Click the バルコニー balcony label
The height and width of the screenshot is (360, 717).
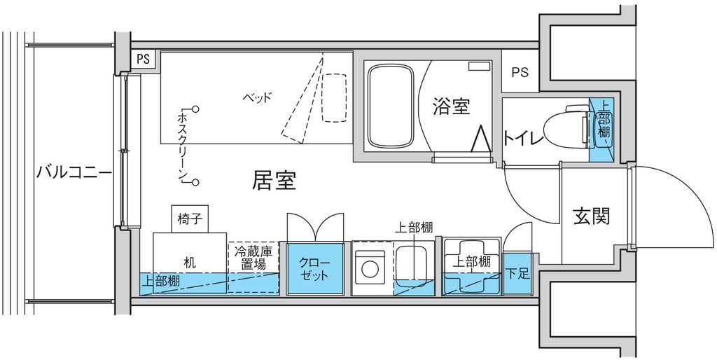74,173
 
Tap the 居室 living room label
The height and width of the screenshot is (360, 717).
274,181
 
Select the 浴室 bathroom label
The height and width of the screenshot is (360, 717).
452,106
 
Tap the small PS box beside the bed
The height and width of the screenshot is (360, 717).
144,60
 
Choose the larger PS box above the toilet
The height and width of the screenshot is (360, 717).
520,72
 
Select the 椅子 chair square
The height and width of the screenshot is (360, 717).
190,219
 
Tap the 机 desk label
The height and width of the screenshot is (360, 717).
190,263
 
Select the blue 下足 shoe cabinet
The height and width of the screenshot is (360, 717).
517,274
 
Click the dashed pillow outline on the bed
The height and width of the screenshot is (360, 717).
335,98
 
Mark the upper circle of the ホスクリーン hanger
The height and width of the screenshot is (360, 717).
196,109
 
